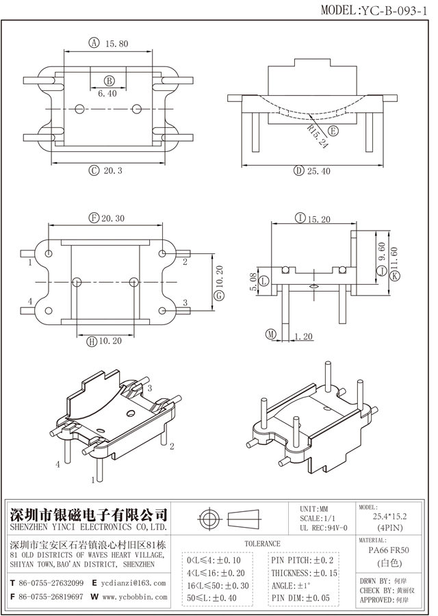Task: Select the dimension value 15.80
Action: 116,44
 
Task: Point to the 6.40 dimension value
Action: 107,93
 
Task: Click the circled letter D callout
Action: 298,170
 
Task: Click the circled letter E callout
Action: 333,131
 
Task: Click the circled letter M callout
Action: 271,335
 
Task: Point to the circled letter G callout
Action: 219,296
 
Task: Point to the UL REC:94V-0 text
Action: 323,528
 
